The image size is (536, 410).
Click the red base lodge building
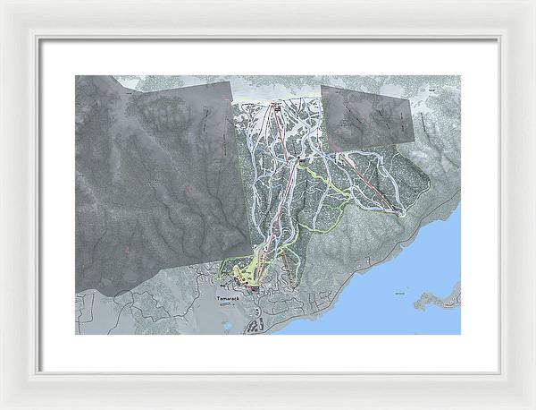pyautogui.click(x=255, y=288)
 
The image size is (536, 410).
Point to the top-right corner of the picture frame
pyautogui.click(x=532, y=4)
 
